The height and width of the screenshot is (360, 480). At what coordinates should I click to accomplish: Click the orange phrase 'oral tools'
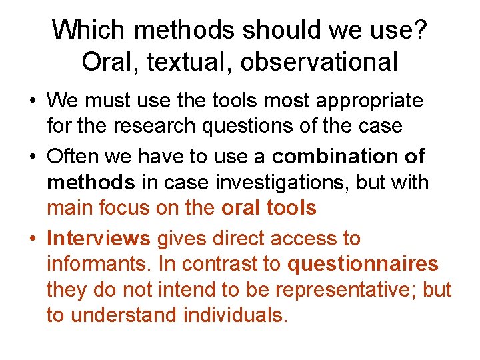(x=269, y=208)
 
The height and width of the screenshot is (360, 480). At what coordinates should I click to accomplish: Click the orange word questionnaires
(x=363, y=264)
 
